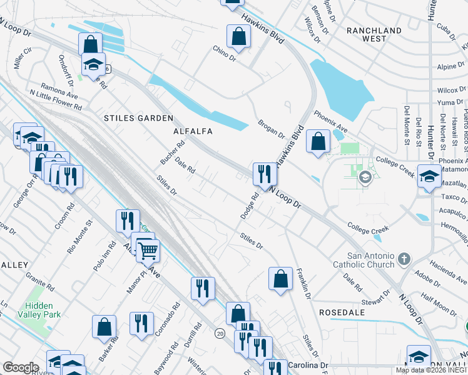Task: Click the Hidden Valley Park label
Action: point(43,310)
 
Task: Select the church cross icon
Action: point(404,258)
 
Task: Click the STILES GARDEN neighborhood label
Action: point(138,117)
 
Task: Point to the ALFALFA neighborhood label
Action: point(193,131)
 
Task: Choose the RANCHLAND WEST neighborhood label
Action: point(374,34)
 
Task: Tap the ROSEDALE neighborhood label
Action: point(338,311)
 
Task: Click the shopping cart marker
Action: point(148,251)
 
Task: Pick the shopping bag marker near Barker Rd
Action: point(104,326)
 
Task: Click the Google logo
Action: point(21,367)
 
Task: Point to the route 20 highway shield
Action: point(220,334)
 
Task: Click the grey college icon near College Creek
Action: point(365,178)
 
